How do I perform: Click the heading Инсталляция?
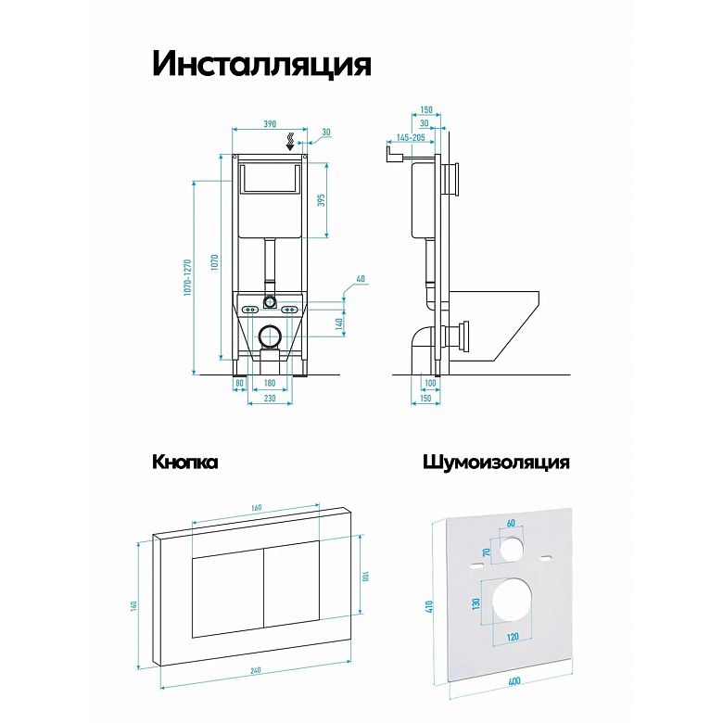coord(261,64)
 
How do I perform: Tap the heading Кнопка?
coord(184,462)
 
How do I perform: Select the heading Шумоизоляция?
coord(496,463)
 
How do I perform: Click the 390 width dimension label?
coord(270,123)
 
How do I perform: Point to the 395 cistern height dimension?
coord(322,200)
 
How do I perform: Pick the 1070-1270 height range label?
coord(187,277)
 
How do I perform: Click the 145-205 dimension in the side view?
coord(411,137)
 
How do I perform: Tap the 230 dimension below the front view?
coord(270,398)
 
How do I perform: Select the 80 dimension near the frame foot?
coord(239,383)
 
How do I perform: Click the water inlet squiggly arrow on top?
coord(290,141)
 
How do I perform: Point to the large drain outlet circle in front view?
coord(271,336)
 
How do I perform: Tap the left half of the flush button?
coord(228,591)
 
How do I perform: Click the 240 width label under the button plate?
coord(256,670)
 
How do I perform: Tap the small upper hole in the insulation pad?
coord(511,549)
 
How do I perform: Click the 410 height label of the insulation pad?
coord(429,606)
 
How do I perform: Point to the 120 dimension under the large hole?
coord(513,637)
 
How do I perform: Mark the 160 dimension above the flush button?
coord(257,508)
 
